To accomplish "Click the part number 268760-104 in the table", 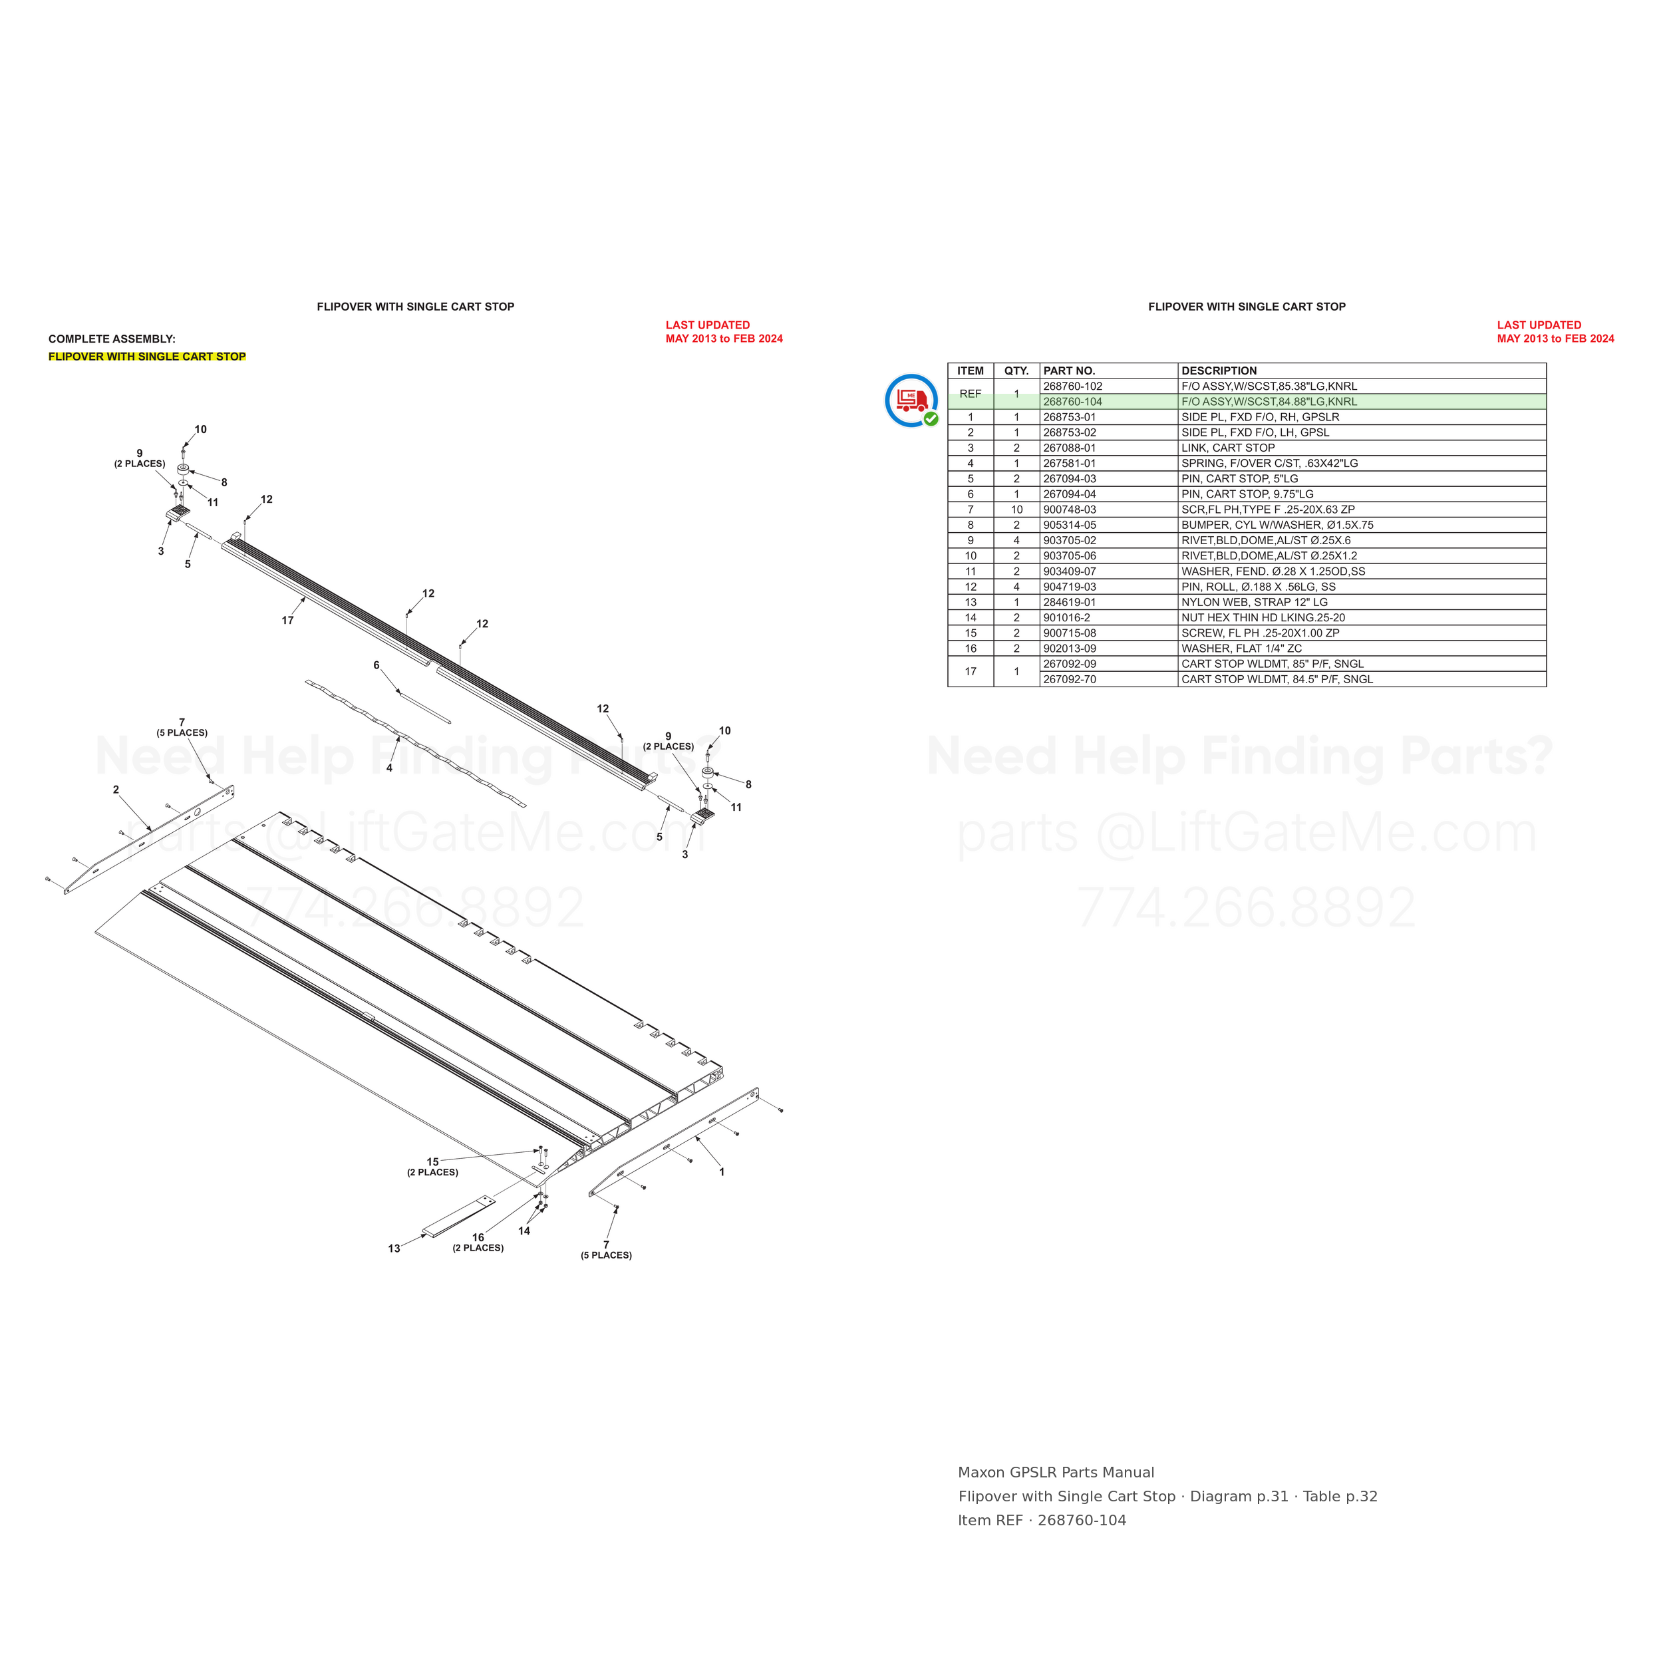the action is pyautogui.click(x=1072, y=402).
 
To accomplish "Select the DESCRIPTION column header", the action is pyautogui.click(x=1219, y=371).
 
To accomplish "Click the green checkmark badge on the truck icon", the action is pyautogui.click(x=931, y=419).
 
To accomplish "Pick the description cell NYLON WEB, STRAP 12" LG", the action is pyautogui.click(x=1254, y=603).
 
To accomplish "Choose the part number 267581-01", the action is pyautogui.click(x=1069, y=463).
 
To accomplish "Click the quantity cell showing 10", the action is pyautogui.click(x=1016, y=510).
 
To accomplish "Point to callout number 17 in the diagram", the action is pyautogui.click(x=287, y=620).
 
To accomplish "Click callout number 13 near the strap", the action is pyautogui.click(x=393, y=1248).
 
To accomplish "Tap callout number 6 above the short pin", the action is pyautogui.click(x=376, y=665).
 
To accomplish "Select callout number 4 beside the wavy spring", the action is pyautogui.click(x=389, y=768).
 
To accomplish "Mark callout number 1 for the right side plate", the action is pyautogui.click(x=721, y=1171).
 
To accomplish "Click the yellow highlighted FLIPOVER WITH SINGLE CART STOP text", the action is pyautogui.click(x=147, y=357).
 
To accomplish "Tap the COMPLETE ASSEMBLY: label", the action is pyautogui.click(x=112, y=339).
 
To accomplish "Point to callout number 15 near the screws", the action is pyautogui.click(x=433, y=1161).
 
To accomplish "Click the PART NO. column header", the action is pyautogui.click(x=1069, y=371).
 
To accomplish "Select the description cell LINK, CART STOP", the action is pyautogui.click(x=1227, y=448).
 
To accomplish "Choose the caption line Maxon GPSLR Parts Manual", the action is pyautogui.click(x=1056, y=1472).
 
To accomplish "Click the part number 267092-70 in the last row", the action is pyautogui.click(x=1070, y=679).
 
